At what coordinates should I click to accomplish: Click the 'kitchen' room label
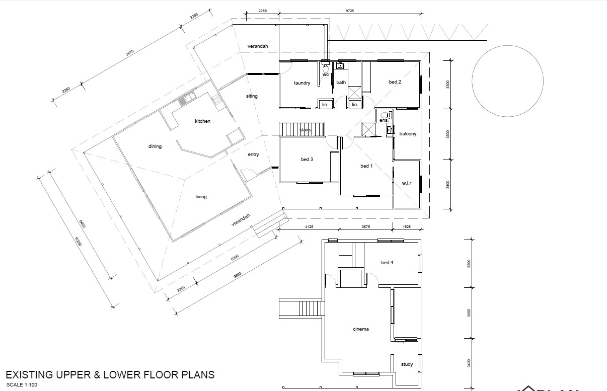coord(203,121)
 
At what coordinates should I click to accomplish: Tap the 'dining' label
coord(155,146)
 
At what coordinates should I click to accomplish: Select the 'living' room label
coord(201,197)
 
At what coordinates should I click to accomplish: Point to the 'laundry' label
coord(302,83)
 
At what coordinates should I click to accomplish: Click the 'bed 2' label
coord(395,82)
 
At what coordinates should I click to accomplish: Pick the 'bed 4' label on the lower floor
coord(387,263)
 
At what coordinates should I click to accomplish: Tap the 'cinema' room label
coord(360,329)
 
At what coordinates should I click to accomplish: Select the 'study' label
coord(407,364)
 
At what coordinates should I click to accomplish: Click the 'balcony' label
coord(408,134)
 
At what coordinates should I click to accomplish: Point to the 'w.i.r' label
coord(407,183)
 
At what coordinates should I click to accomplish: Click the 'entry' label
coord(253,154)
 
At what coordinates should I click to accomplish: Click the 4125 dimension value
coord(309,227)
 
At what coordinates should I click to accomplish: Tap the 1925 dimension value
coord(410,227)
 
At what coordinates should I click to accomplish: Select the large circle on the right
coord(507,81)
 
